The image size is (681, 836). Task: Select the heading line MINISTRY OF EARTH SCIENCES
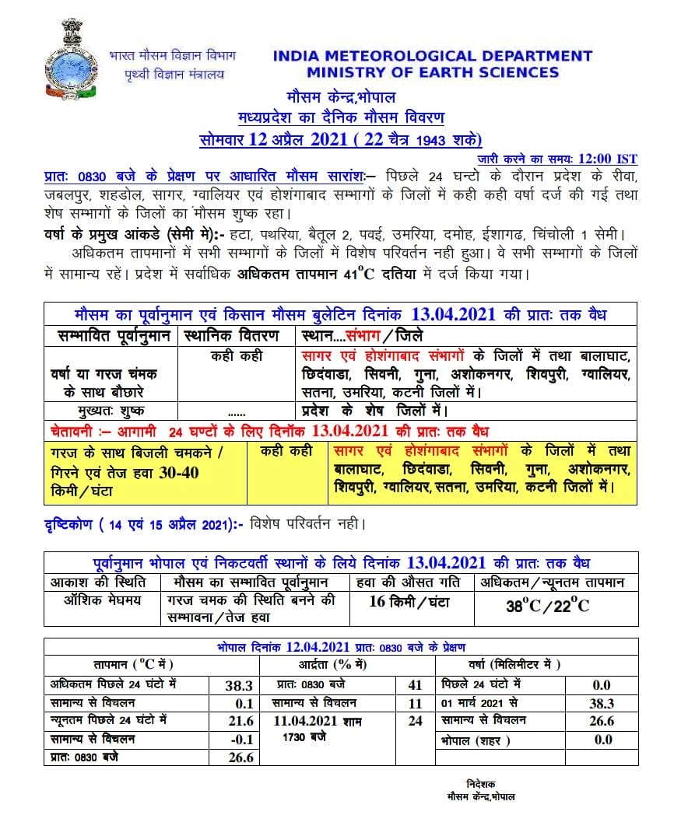432,72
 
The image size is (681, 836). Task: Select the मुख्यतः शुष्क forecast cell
110,411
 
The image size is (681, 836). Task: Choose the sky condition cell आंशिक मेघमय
103,600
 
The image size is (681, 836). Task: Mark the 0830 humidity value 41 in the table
415,685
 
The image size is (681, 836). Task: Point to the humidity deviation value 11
415,703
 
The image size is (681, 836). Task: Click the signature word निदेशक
481,784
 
